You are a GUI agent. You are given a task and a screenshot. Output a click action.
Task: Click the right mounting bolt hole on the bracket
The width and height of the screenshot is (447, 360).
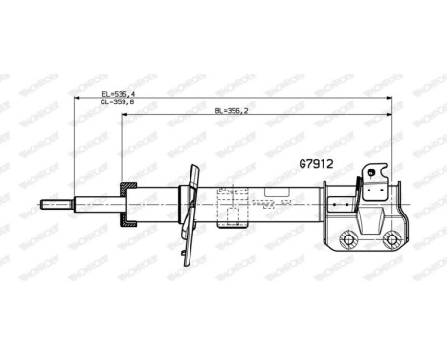[x=391, y=239]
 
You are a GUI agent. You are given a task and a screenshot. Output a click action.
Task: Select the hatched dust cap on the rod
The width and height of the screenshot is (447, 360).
[x=127, y=203]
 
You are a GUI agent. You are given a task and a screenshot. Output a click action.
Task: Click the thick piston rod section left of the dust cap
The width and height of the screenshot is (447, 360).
[x=96, y=203]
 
